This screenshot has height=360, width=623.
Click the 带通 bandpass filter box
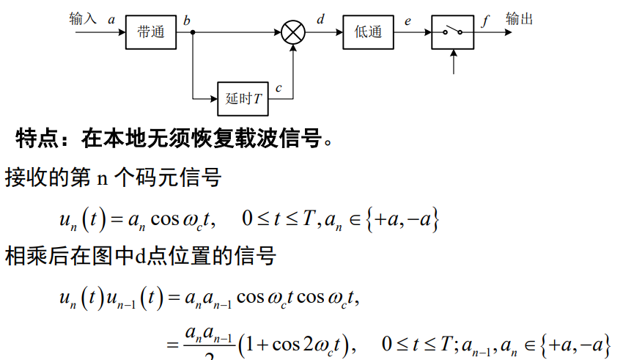click(x=151, y=32)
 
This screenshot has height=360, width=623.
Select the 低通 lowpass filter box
click(x=368, y=32)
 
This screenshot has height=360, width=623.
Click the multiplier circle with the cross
click(x=293, y=32)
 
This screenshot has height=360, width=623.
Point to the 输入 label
click(x=83, y=18)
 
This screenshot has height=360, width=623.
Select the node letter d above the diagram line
click(x=320, y=19)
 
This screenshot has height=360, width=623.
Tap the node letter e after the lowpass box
click(x=408, y=21)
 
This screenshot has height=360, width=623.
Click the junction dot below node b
click(x=192, y=32)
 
